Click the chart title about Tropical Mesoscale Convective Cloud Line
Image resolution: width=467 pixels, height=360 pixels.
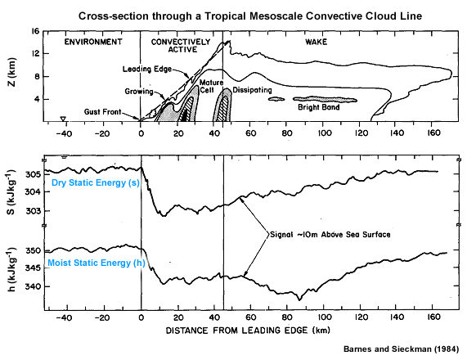pos(245,17)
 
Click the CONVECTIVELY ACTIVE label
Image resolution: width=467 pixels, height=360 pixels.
pos(181,46)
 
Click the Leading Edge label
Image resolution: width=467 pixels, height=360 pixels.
pos(148,69)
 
